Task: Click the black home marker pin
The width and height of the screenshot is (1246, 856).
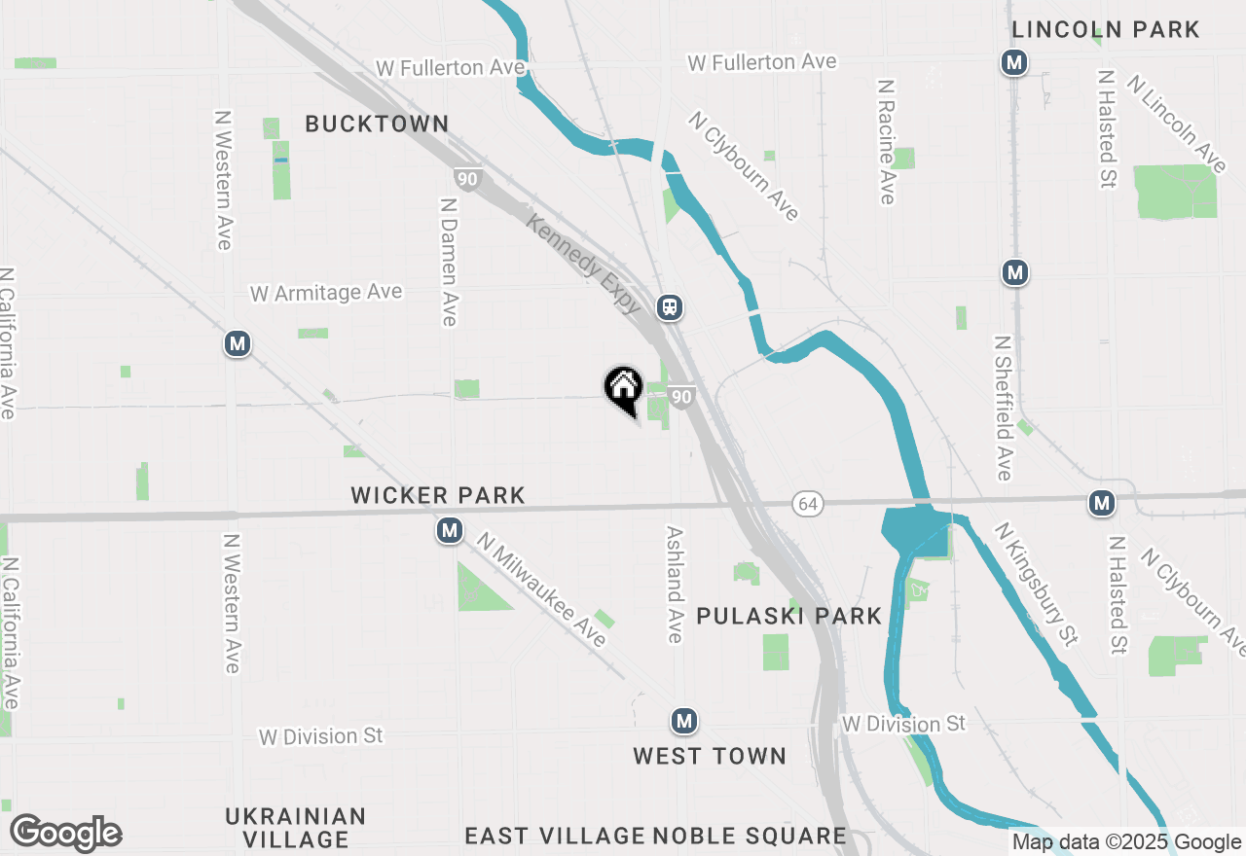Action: (623, 388)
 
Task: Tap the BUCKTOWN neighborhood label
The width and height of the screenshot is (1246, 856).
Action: (377, 125)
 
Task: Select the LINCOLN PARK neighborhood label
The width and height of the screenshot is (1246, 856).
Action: (1106, 30)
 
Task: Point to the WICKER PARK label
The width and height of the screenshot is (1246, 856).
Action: (438, 496)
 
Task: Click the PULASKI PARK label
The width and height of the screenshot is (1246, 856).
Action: (789, 616)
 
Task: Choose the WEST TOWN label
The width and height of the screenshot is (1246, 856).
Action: (710, 756)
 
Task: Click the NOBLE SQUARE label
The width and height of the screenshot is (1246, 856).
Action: (750, 836)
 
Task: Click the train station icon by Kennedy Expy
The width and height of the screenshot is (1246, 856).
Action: (669, 307)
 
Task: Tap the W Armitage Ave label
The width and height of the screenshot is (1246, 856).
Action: (325, 293)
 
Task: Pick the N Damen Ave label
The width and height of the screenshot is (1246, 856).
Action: (448, 263)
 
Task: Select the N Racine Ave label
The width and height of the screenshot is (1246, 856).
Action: (886, 142)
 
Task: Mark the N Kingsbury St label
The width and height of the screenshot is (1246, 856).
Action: (1036, 584)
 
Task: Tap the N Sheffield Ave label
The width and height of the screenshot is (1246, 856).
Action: (1003, 409)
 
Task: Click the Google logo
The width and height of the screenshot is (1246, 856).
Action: (65, 833)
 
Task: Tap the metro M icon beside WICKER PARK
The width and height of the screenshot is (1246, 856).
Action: (449, 531)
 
